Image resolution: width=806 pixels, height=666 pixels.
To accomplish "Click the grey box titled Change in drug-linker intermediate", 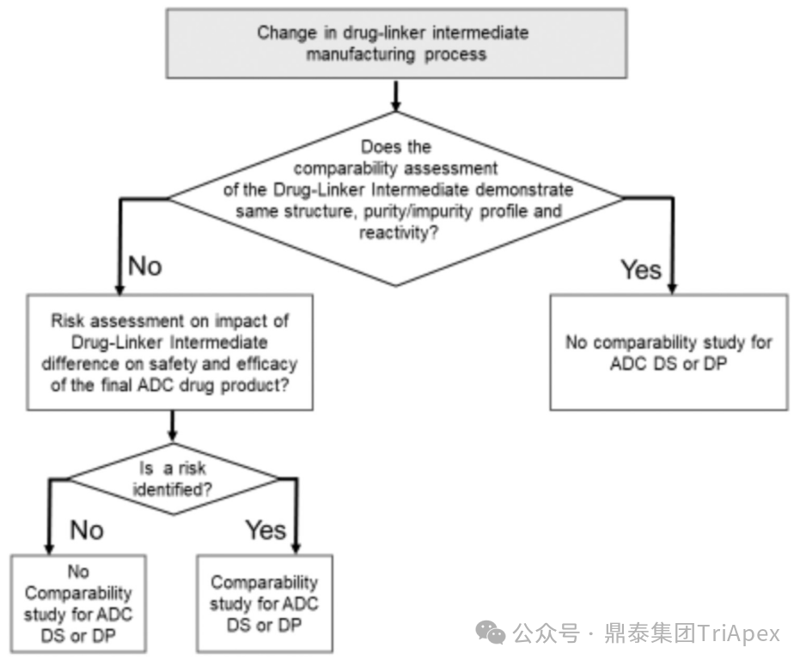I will tap(394, 43).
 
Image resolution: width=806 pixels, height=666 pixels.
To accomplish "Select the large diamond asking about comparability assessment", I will tap(394, 198).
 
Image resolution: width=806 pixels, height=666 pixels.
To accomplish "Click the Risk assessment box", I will tap(169, 351).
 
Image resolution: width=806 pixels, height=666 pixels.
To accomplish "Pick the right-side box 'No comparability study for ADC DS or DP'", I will tap(669, 352).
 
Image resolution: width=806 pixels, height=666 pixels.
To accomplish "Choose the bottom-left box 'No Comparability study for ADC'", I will tap(78, 603).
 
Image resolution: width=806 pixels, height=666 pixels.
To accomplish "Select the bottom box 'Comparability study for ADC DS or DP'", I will tap(264, 603).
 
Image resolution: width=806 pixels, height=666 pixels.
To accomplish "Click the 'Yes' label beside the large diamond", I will tap(641, 269).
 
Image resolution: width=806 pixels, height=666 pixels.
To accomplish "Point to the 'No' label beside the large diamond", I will tap(144, 266).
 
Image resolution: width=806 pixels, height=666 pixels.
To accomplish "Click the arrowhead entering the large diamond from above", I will tap(394, 104).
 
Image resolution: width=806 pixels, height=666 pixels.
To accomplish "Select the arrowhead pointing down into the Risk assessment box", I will tap(118, 288).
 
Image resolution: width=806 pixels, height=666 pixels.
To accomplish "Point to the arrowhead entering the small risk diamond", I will tap(174, 434).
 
